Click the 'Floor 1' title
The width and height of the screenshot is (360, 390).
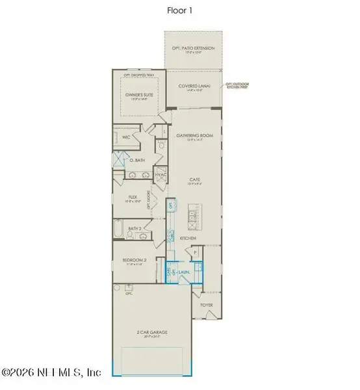pos(180,10)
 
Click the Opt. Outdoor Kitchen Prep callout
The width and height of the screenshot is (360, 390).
pos(238,86)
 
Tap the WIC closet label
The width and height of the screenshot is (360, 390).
pos(127,138)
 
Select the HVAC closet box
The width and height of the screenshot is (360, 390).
pos(161,175)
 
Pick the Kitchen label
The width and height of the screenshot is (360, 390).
pos(188,239)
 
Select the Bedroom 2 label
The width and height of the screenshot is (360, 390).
pos(133,261)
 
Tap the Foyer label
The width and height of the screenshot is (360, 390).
pos(207,303)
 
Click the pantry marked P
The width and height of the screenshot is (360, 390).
pos(195,250)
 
